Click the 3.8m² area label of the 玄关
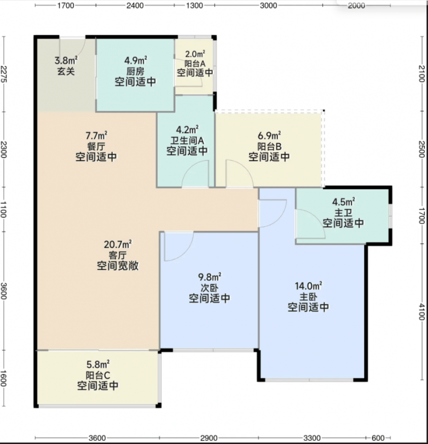tap(66, 60)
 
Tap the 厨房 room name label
tap(135, 71)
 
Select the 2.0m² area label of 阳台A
tap(195, 54)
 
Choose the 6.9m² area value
tap(269, 135)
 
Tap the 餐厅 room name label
tap(96, 146)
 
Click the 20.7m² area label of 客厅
tap(118, 244)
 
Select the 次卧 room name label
tap(210, 288)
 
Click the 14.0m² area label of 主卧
tap(309, 286)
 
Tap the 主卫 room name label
tap(343, 213)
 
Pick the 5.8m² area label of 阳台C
tap(98, 364)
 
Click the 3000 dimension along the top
tap(268, 5)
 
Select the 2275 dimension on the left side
tap(4, 73)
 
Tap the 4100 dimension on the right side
tap(421, 311)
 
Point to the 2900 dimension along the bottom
tap(209, 438)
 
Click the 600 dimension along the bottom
tap(378, 438)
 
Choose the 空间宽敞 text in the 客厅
tap(118, 266)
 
